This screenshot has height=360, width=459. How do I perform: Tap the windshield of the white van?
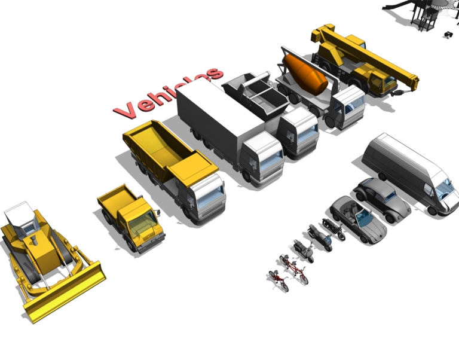click(445, 190)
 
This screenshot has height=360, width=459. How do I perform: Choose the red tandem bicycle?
click(295, 267)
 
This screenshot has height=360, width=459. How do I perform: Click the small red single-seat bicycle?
click(278, 280)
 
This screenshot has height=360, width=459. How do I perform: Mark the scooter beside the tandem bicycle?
click(304, 250)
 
